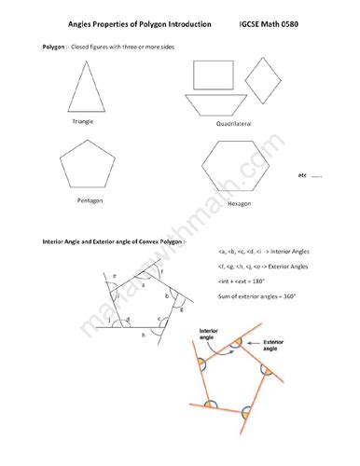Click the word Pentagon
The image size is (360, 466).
pyautogui.click(x=90, y=200)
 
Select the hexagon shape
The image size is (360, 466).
pyautogui.click(x=238, y=169)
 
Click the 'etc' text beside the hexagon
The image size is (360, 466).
pyautogui.click(x=302, y=175)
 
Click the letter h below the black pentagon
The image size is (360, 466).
pyautogui.click(x=142, y=334)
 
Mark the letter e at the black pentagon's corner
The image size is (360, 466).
pyautogui.click(x=115, y=277)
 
